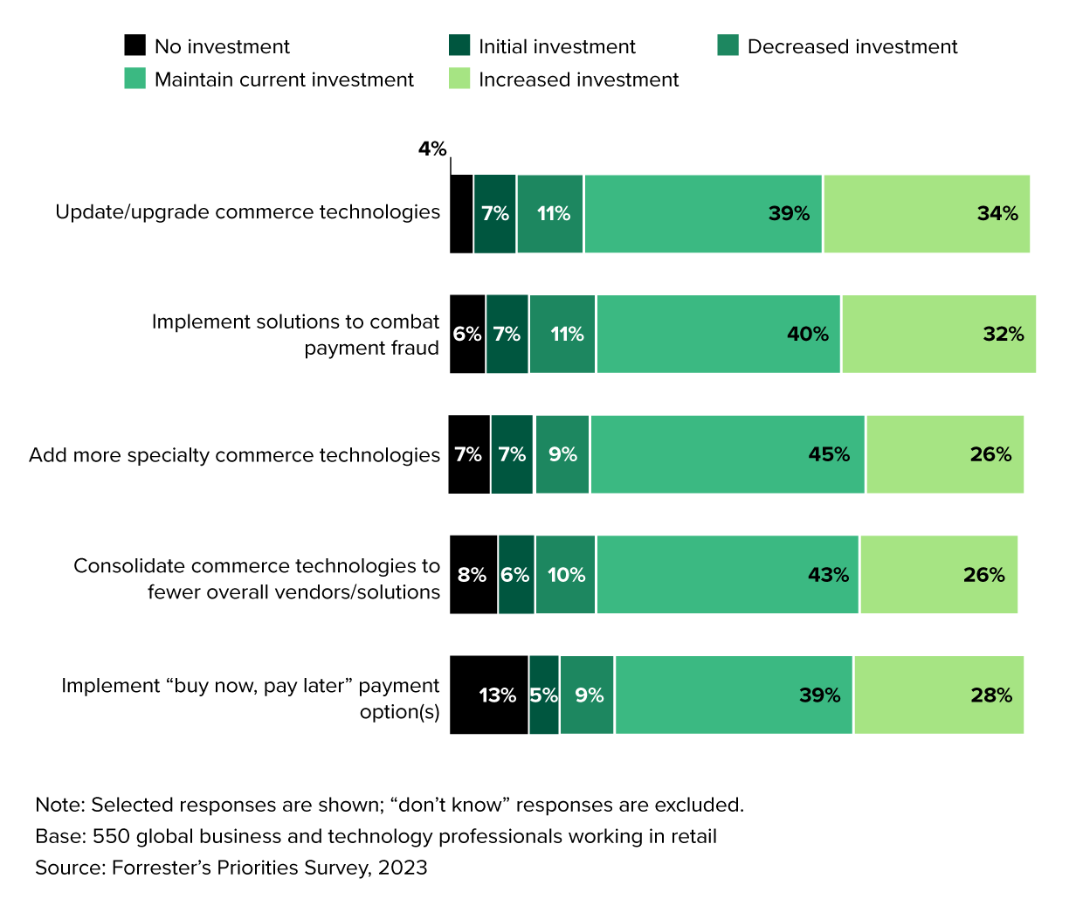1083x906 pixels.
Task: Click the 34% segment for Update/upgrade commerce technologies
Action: click(927, 214)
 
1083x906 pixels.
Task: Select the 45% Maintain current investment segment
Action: click(728, 454)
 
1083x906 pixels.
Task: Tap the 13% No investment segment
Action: click(489, 695)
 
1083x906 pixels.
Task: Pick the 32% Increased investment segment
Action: click(939, 335)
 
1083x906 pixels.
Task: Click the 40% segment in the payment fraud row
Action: click(719, 335)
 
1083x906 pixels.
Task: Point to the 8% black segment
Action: click(473, 575)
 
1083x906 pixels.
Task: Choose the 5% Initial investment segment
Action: click(544, 695)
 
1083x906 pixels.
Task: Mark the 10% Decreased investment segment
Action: click(566, 575)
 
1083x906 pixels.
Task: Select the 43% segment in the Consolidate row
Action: click(728, 575)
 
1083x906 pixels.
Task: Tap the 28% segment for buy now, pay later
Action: click(939, 695)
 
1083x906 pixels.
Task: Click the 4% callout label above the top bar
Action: click(431, 149)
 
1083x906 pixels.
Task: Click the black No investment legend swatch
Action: click(135, 45)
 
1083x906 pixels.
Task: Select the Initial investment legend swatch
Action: click(459, 45)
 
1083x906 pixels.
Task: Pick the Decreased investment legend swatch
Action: click(728, 45)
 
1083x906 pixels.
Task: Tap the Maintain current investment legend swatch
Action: click(135, 79)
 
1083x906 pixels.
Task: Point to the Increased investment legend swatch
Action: click(459, 79)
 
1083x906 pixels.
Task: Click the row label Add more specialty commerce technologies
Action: click(234, 455)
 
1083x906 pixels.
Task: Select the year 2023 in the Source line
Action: click(403, 868)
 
